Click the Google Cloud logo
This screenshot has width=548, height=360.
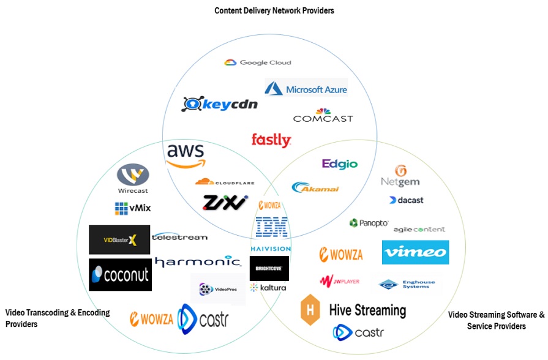tap(257, 62)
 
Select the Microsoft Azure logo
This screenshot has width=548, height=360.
tap(306, 88)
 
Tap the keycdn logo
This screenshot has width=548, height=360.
tap(220, 105)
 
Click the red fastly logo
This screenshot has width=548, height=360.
tap(271, 140)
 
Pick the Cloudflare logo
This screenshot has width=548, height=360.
tap(225, 182)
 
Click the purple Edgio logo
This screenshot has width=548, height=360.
tap(339, 164)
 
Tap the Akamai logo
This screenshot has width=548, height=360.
tap(315, 187)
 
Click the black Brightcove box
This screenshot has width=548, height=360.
tap(269, 268)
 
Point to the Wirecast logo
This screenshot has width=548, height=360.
tap(133, 178)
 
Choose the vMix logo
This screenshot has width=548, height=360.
tap(132, 208)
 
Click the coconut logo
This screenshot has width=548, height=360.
tap(120, 274)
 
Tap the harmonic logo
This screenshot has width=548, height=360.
tap(198, 261)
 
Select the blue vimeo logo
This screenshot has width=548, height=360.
tap(415, 252)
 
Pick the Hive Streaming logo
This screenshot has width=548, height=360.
tap(353, 310)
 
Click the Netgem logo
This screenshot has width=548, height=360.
tap(400, 176)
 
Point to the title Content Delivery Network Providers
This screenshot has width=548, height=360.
tap(274, 10)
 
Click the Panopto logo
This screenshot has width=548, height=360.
tap(369, 223)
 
